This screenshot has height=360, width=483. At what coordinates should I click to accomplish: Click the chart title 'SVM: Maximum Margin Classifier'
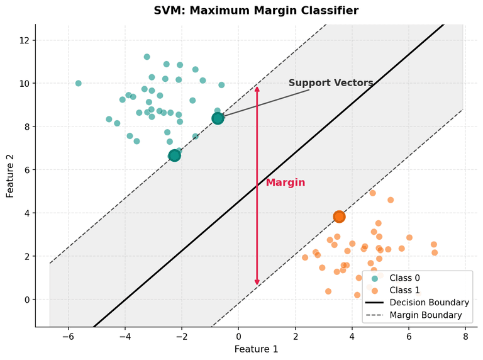click(256, 11)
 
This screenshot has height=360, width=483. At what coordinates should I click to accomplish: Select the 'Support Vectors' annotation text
click(331, 83)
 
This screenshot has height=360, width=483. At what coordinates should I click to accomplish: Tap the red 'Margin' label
click(285, 183)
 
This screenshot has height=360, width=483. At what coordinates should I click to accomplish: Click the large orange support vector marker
click(339, 217)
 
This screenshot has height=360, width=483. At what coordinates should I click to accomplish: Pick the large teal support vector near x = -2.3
click(174, 155)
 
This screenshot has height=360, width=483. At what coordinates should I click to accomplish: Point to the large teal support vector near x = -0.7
click(218, 118)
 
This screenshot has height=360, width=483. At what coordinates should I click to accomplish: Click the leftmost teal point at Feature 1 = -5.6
click(79, 83)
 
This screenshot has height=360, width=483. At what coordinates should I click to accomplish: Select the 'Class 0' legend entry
click(404, 278)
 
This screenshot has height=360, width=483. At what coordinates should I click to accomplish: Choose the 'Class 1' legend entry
click(404, 290)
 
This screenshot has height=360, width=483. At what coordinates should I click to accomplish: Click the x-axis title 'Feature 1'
click(256, 349)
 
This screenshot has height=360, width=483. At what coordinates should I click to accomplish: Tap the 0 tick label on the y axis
click(26, 300)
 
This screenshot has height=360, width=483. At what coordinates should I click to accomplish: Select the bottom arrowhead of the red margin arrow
click(257, 284)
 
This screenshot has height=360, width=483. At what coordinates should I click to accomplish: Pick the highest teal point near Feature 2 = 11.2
click(147, 57)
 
